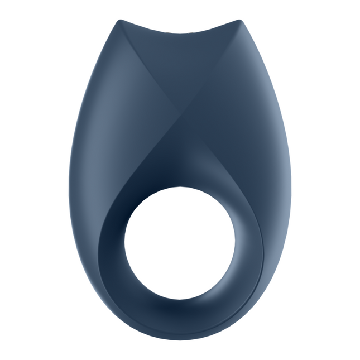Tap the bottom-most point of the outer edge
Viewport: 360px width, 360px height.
pyautogui.click(x=180, y=339)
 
